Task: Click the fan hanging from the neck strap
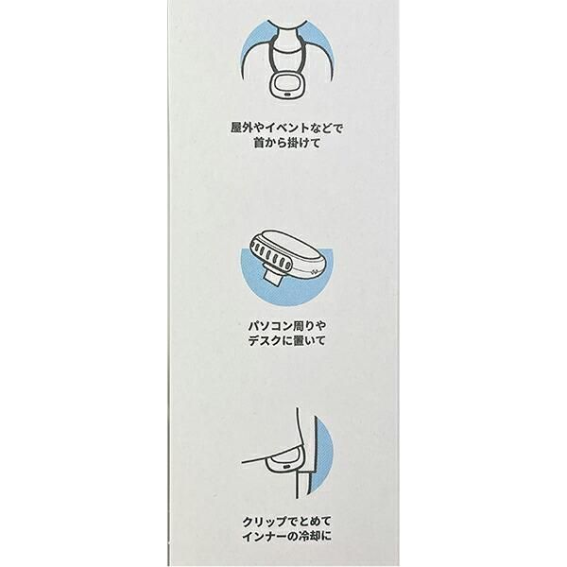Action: pyautogui.click(x=285, y=86)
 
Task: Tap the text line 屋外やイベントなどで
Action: pyautogui.click(x=286, y=128)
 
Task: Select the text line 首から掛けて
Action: pyautogui.click(x=286, y=144)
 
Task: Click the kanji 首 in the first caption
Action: pyautogui.click(x=259, y=144)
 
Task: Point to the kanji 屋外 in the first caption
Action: pyautogui.click(x=242, y=128)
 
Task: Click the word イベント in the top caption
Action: pyautogui.click(x=287, y=128)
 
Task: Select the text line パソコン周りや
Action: pyautogui.click(x=287, y=326)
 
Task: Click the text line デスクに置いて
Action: pyautogui.click(x=287, y=341)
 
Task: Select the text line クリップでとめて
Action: pyautogui.click(x=286, y=522)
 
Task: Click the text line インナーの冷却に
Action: pyautogui.click(x=286, y=537)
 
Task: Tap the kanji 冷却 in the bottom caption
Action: pyautogui.click(x=311, y=537)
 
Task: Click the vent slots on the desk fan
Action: pyautogui.click(x=271, y=256)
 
